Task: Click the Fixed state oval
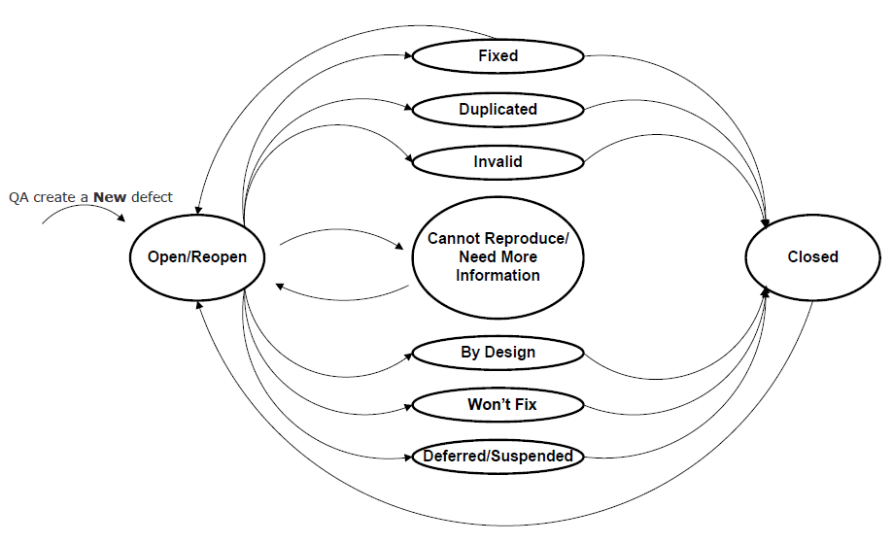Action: click(x=498, y=56)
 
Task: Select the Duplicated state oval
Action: click(x=498, y=110)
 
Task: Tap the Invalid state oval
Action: click(x=498, y=161)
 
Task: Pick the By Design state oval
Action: click(x=498, y=352)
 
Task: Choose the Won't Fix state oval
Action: click(x=498, y=404)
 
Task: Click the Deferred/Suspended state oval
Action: click(x=498, y=457)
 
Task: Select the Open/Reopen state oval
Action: click(x=197, y=256)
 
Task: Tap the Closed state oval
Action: click(x=812, y=256)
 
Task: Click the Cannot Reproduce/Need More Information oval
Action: click(x=498, y=257)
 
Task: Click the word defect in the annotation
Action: click(x=152, y=197)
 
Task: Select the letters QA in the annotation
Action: click(x=18, y=197)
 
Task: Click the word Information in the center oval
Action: click(x=498, y=275)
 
